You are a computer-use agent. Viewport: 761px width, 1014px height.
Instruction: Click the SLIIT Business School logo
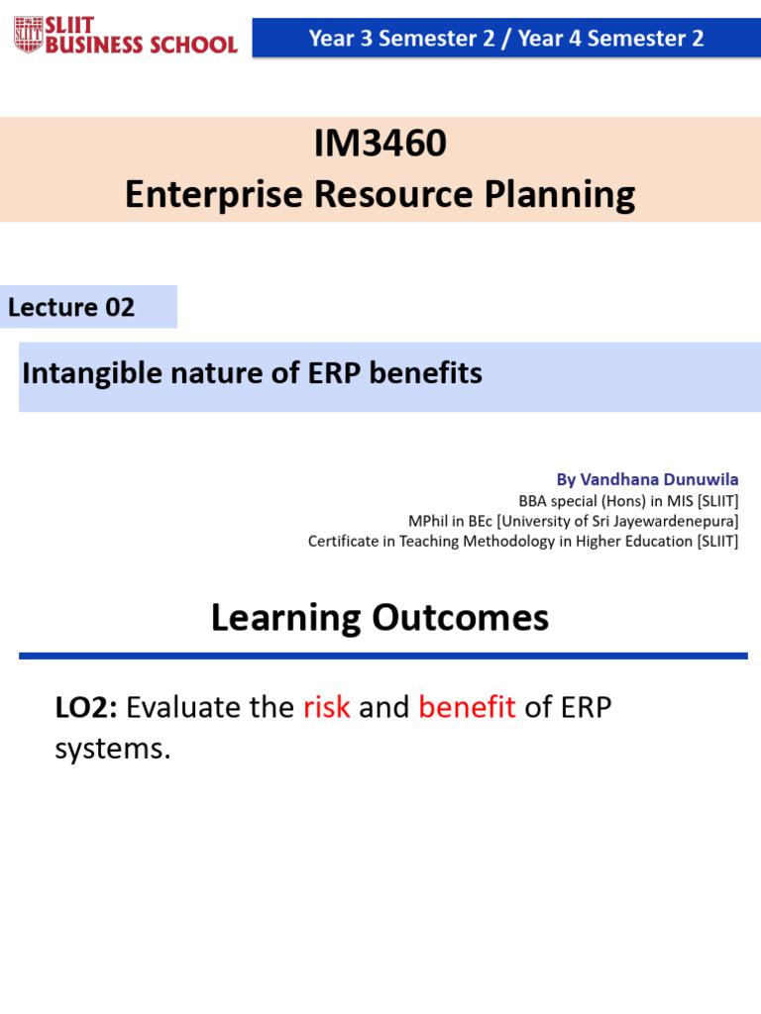126,36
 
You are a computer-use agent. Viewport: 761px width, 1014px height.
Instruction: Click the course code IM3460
380,145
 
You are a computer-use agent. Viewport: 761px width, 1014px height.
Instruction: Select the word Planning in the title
559,195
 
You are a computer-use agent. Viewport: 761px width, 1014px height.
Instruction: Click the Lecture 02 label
71,307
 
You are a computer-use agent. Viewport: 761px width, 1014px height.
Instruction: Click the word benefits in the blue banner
432,373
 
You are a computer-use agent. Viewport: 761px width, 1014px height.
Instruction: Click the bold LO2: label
86,707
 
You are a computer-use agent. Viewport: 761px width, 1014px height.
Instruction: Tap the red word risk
327,707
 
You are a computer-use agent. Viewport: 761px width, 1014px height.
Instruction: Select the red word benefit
467,707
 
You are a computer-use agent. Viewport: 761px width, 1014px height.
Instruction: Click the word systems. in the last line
113,749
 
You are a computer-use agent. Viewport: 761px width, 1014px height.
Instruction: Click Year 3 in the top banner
340,39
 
